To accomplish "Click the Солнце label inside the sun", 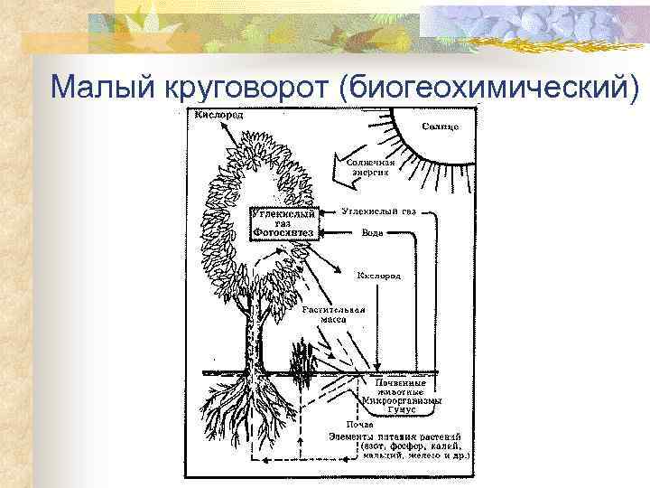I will (440, 127).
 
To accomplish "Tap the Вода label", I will (371, 232).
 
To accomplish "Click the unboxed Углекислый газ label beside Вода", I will (380, 211).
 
